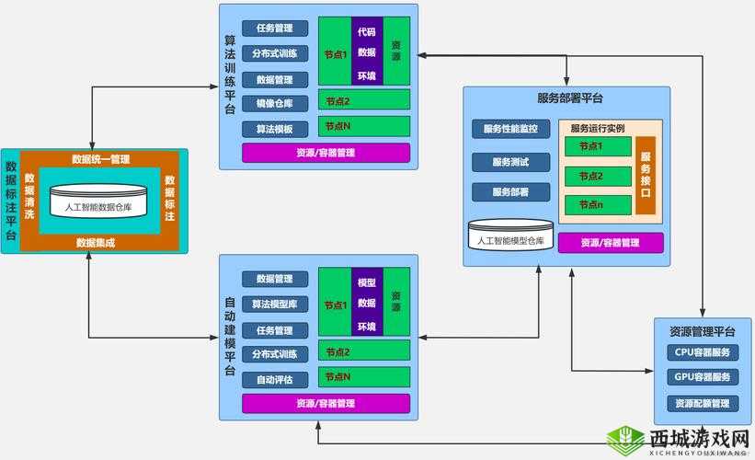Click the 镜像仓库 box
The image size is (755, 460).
[x=274, y=104]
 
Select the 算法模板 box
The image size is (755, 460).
[x=274, y=129]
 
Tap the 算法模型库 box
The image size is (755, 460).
[x=274, y=304]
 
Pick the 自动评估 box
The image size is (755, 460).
[x=274, y=379]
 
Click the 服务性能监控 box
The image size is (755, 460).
[x=510, y=130]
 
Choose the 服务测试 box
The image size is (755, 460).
[x=510, y=162]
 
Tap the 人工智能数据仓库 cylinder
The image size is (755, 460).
[x=98, y=204]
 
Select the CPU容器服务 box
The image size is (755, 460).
[x=702, y=352]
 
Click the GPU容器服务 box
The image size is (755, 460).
[x=702, y=377]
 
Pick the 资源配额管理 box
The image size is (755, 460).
[x=702, y=403]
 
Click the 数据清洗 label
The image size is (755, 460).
[x=29, y=196]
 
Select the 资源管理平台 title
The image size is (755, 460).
[x=703, y=331]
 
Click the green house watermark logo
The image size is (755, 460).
[x=626, y=440]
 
